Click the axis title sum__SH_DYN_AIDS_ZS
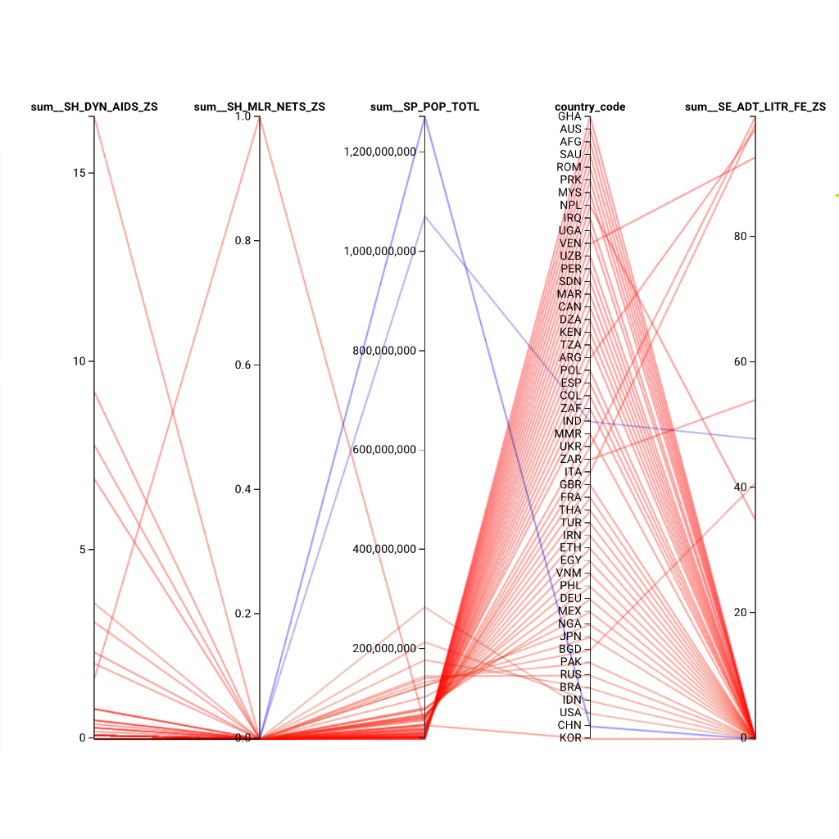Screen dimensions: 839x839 coord(94,107)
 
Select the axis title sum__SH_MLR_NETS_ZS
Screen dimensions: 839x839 coord(260,107)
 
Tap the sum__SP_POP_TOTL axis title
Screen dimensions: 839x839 coord(424,107)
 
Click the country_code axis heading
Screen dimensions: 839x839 coord(590,107)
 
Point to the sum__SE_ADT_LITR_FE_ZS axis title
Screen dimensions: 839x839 coord(755,107)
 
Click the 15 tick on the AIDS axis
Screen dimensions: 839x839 coord(81,173)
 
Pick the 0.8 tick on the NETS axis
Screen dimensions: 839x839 coord(243,241)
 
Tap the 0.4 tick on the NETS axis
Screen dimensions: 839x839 coord(243,489)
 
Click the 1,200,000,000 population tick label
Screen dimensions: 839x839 coord(381,152)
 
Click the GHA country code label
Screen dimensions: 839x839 coord(570,116)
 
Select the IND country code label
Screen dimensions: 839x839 coord(572,421)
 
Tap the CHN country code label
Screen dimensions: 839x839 coord(570,725)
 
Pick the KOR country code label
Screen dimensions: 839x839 coord(570,738)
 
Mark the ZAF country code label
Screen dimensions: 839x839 coord(571,408)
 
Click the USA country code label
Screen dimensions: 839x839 coord(570,713)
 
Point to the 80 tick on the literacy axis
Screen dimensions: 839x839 coord(741,236)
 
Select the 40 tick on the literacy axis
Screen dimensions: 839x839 coord(741,488)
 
